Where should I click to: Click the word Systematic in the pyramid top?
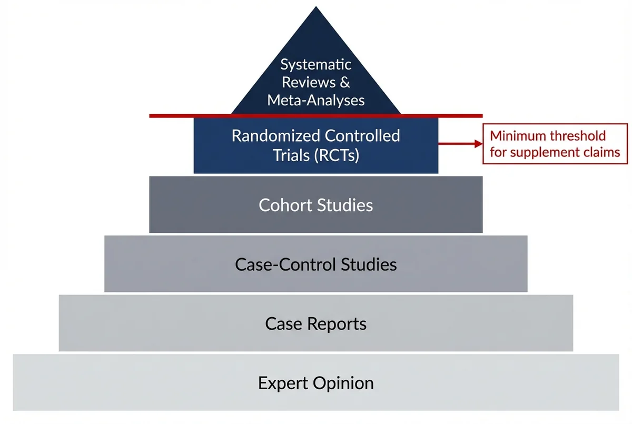coord(316,65)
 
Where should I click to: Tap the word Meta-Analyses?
coord(316,100)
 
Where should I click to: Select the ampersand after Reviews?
coord(344,83)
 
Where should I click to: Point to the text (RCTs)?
coord(335,155)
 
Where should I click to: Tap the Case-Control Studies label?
coord(316,264)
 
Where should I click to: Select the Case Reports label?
coord(316,323)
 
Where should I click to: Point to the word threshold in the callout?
coord(578,136)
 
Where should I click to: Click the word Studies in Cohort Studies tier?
coord(345,205)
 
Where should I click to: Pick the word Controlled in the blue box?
coord(362,136)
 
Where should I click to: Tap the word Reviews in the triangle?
coord(308,83)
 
